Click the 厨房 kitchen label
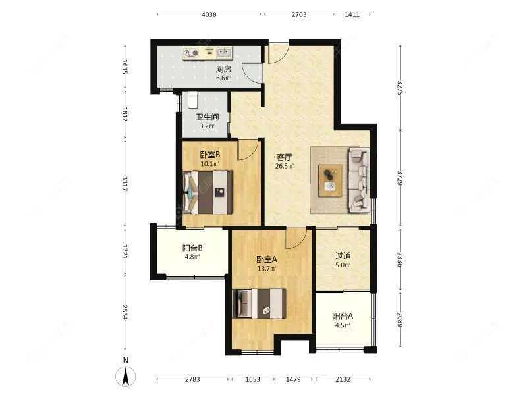click(223, 70)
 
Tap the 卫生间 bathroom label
click(208, 117)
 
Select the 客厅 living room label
click(285, 157)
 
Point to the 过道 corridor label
click(343, 256)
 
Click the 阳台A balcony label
click(343, 316)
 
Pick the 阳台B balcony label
click(192, 248)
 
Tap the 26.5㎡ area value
click(285, 166)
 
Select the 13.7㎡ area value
click(267, 269)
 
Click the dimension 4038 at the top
click(209, 14)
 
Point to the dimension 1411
click(352, 14)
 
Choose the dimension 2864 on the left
click(125, 312)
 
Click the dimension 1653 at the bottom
click(252, 379)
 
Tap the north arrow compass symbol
click(126, 376)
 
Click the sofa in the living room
click(359, 180)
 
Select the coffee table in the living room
click(331, 180)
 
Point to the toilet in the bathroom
click(192, 100)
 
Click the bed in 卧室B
click(208, 192)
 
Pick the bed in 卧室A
click(260, 303)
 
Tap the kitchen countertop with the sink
click(208, 53)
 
